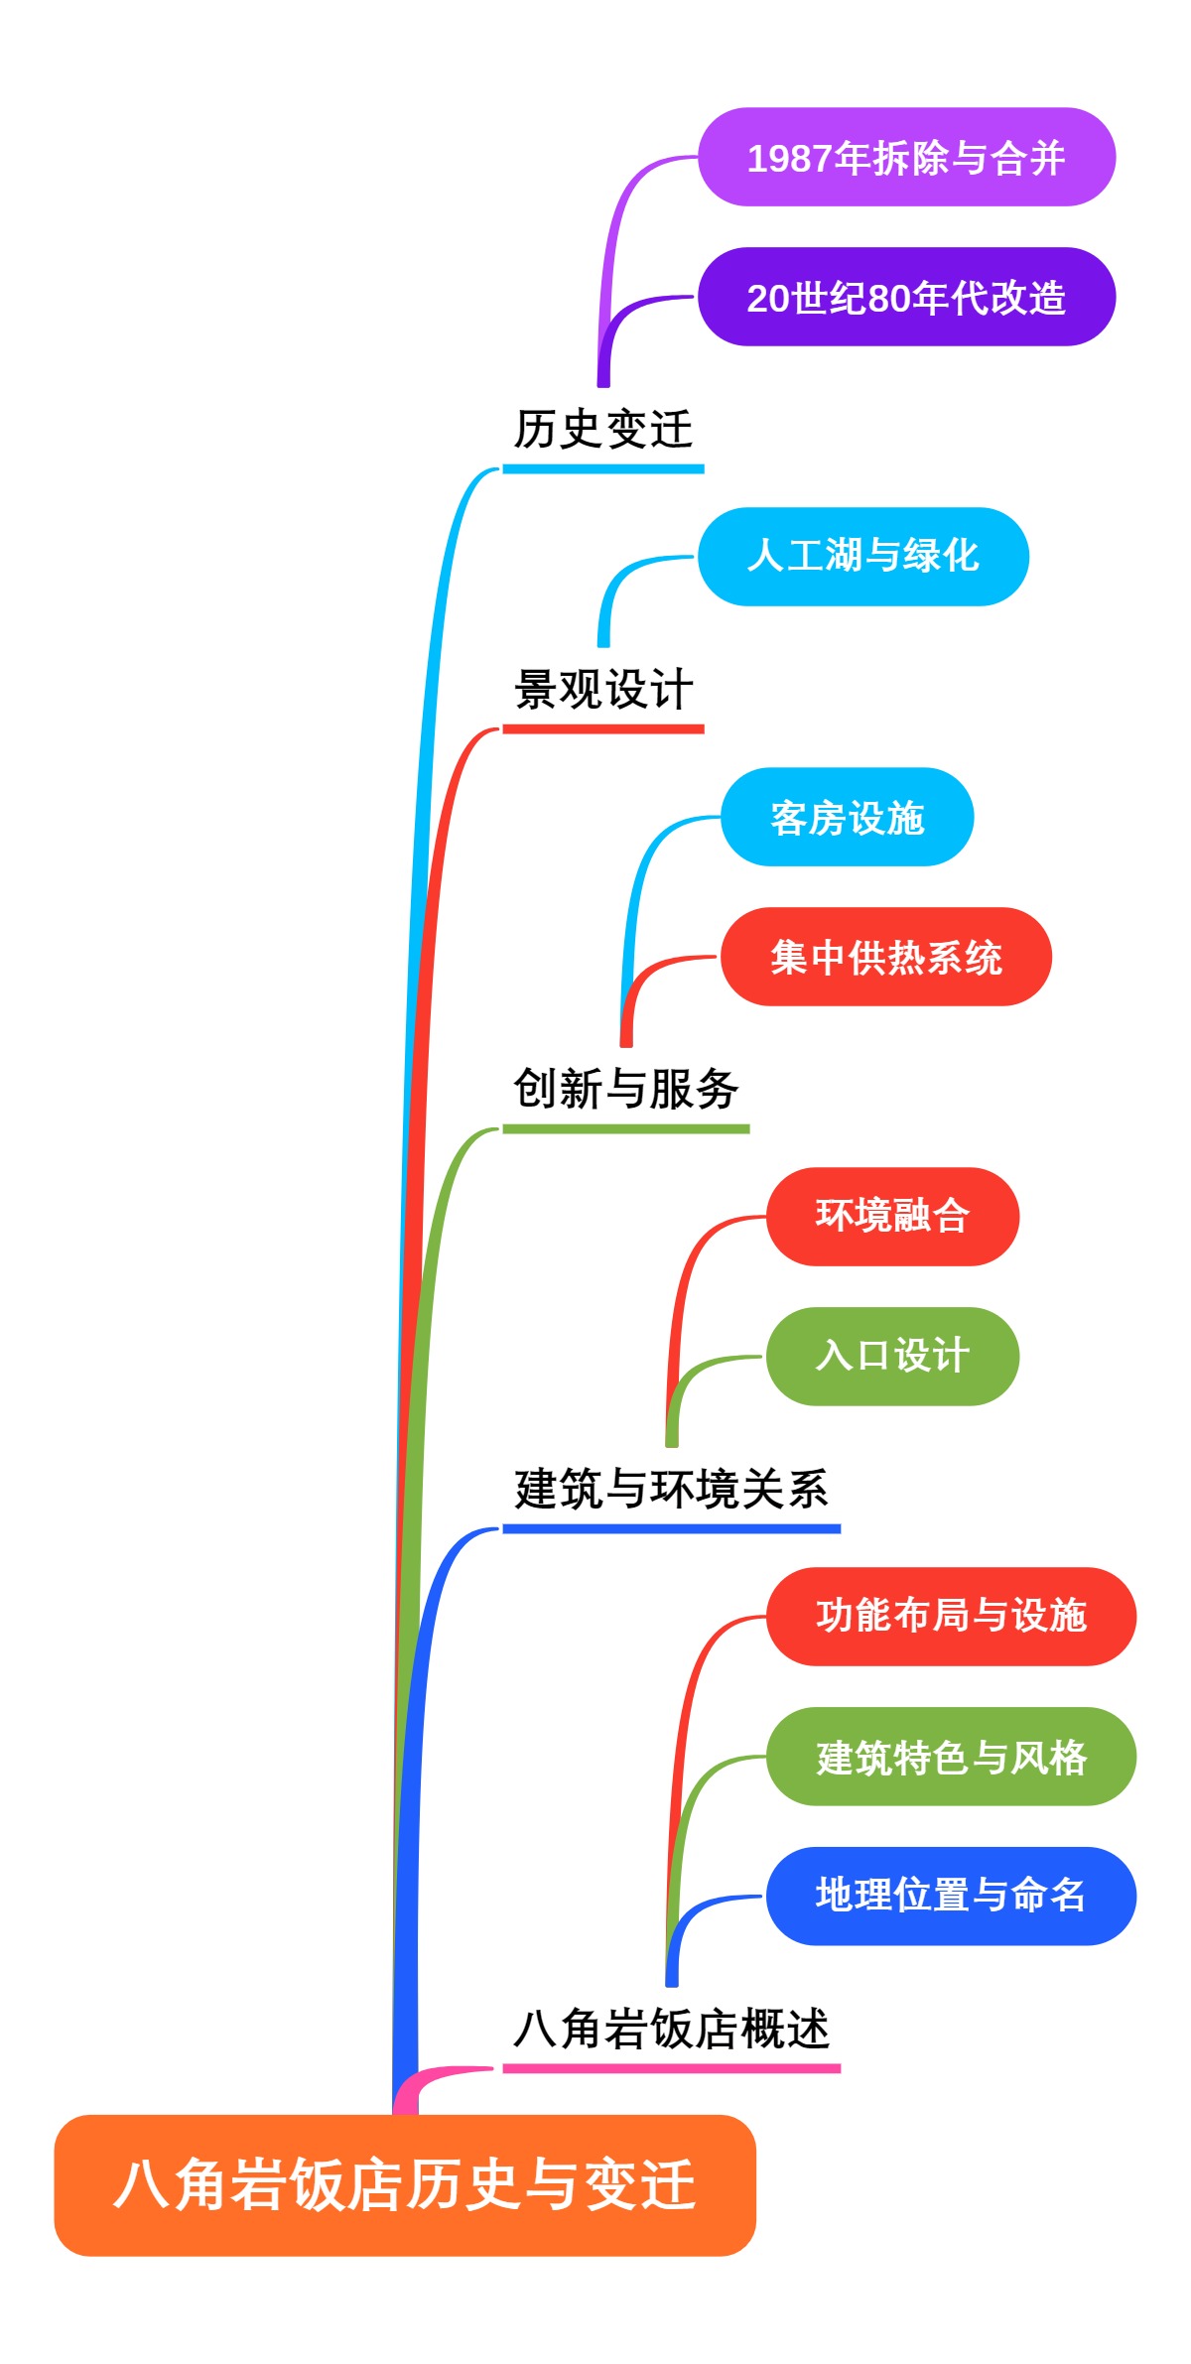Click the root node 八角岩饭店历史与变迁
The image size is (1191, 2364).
[x=405, y=2184]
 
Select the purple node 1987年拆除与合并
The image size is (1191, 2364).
[x=906, y=158]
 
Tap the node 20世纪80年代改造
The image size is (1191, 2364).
[x=906, y=297]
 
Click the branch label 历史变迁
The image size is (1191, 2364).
[x=603, y=430]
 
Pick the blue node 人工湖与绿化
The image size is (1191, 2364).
[x=862, y=556]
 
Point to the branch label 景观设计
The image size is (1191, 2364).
[x=603, y=690]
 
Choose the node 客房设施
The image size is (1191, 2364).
[x=847, y=817]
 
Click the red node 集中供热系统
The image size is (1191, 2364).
[x=885, y=957]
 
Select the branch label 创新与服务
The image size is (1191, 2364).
[x=625, y=1089]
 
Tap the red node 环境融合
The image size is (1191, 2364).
[x=892, y=1216]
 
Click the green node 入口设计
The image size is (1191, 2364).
[x=892, y=1356]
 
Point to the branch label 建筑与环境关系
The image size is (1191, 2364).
[x=671, y=1489]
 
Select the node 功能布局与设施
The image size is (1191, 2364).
[x=951, y=1616]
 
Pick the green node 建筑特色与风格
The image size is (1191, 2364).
[x=951, y=1756]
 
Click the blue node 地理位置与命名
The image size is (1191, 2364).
[x=951, y=1896]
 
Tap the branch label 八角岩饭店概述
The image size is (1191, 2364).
[x=671, y=2029]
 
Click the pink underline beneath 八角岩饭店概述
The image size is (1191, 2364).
[x=671, y=2068]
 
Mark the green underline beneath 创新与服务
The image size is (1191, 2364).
[x=625, y=1128]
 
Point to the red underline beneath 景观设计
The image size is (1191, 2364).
[x=603, y=729]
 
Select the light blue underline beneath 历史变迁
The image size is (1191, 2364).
[x=603, y=468]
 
